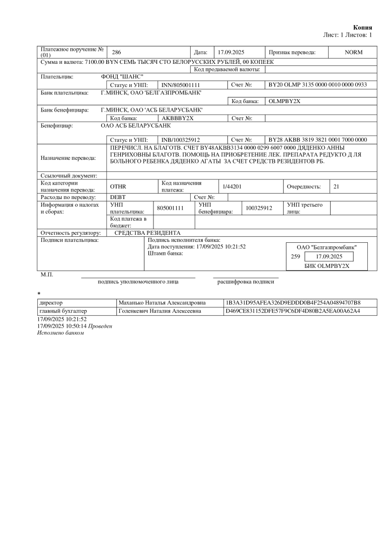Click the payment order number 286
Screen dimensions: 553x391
[116, 52]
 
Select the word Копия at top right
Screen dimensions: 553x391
[362, 27]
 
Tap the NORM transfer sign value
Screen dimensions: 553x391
[353, 52]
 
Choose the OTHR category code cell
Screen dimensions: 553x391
[118, 187]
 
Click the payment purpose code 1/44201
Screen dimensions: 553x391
[232, 187]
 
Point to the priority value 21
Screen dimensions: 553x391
[337, 187]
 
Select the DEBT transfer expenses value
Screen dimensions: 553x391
[118, 197]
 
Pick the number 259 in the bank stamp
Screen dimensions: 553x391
[295, 256]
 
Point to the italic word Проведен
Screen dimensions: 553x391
[101, 326]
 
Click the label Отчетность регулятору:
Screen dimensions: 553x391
[70, 233]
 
